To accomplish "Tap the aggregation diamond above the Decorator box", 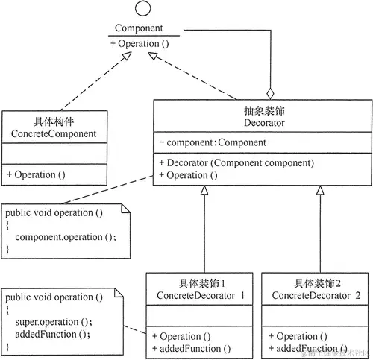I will coord(271,94).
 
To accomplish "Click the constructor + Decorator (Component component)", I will coord(236,162).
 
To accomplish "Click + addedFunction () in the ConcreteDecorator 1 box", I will coord(191,348).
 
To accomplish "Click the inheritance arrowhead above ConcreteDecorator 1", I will coord(204,190).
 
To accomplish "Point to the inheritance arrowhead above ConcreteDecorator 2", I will coord(319,190).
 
